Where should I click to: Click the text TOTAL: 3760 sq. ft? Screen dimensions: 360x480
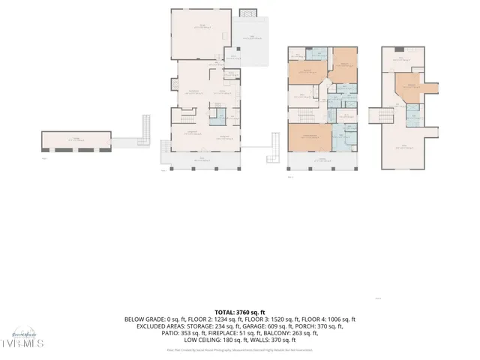239,311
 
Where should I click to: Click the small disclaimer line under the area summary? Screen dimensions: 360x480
239,349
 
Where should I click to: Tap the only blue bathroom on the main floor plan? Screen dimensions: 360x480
216,116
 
